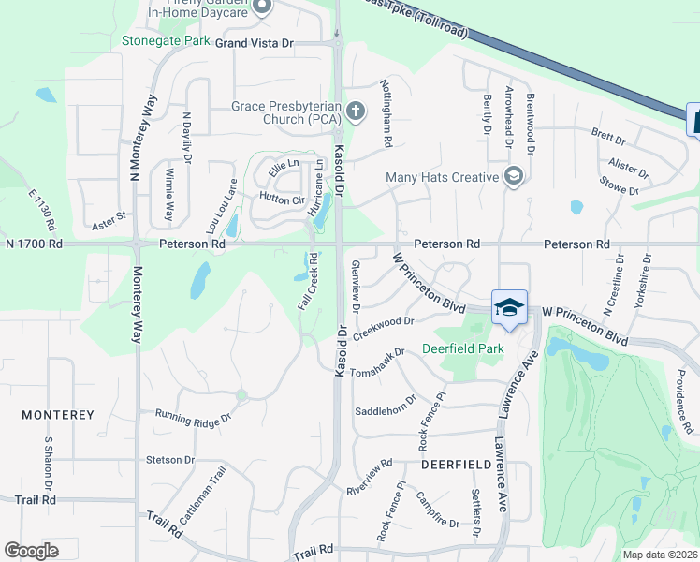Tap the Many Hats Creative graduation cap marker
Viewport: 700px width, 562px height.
[x=512, y=176]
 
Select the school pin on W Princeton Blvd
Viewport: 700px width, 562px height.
[x=509, y=307]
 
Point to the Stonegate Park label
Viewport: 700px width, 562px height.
[x=166, y=41]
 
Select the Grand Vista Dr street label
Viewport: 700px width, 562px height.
[x=255, y=43]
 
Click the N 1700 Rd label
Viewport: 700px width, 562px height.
[x=34, y=244]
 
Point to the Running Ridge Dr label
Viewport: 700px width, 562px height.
[x=192, y=416]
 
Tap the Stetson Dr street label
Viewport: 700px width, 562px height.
[x=170, y=460]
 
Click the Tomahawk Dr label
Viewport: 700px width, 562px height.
[x=376, y=364]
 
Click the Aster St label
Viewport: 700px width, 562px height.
[x=109, y=221]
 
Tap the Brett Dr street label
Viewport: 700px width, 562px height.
[x=609, y=138]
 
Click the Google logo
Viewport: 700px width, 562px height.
[x=32, y=551]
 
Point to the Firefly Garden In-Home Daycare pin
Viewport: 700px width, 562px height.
[x=262, y=8]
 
